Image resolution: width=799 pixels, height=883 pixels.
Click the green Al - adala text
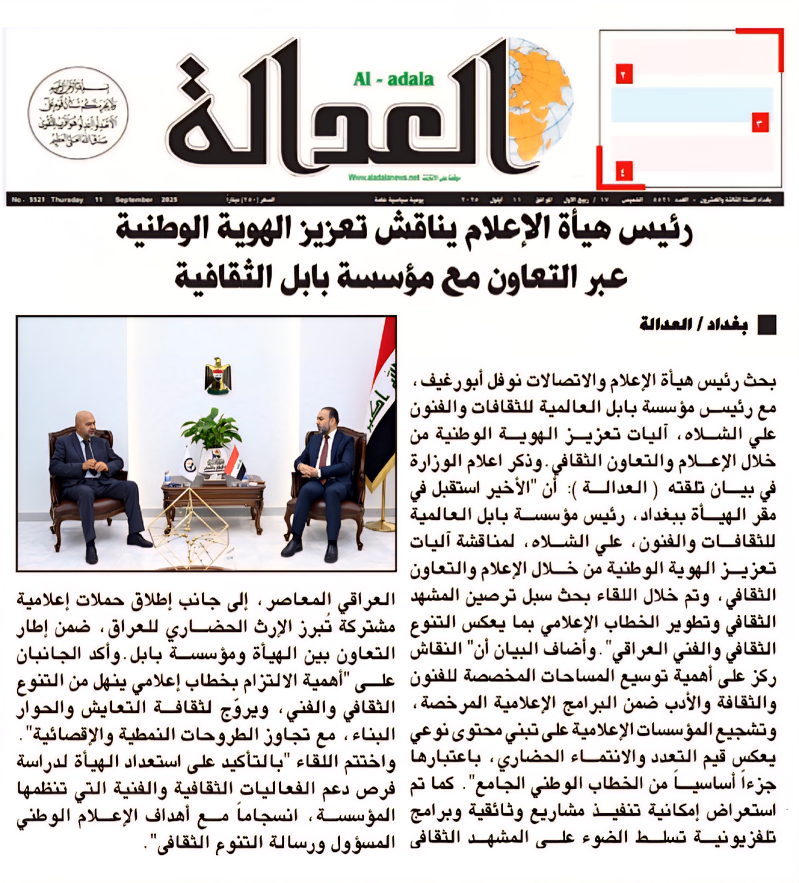pos(393,79)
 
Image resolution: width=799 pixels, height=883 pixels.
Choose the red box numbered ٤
pos(623,170)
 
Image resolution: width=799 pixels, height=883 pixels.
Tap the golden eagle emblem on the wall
pos(218,375)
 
